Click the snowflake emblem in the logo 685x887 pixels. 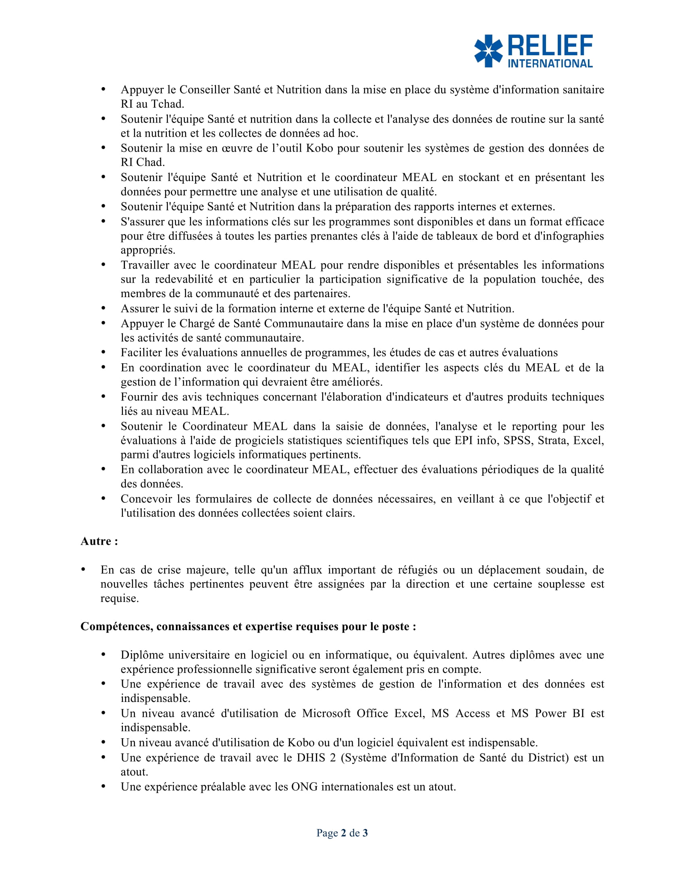click(x=488, y=51)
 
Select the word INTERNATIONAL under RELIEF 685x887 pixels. click(x=550, y=63)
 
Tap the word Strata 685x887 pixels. click(x=552, y=440)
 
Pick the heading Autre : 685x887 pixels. click(x=99, y=541)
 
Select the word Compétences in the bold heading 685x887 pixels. click(x=116, y=627)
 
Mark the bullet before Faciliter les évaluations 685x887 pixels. click(x=104, y=352)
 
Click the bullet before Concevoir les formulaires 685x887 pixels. click(x=104, y=498)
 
